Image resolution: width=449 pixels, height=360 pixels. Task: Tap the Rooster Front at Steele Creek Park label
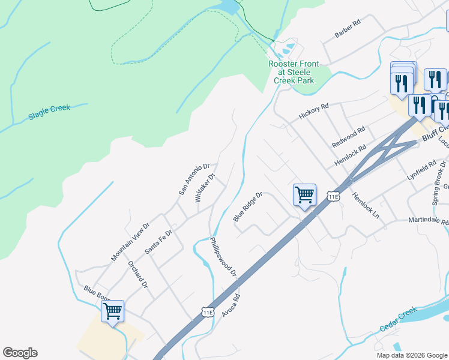click(294, 72)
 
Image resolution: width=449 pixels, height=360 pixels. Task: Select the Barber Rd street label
click(348, 30)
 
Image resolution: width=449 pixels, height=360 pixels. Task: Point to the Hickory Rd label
click(315, 112)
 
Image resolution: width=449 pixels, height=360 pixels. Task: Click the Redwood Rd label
click(348, 138)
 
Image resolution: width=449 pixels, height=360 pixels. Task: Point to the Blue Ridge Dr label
click(248, 206)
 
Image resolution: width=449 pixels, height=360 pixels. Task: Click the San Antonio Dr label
click(193, 179)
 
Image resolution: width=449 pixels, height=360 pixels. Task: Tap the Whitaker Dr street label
click(205, 188)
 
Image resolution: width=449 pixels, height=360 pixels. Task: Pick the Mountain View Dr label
click(130, 242)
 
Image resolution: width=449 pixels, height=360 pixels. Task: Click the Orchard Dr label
click(137, 274)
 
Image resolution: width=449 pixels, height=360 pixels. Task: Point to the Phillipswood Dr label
click(223, 256)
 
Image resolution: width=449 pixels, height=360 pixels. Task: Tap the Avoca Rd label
click(231, 305)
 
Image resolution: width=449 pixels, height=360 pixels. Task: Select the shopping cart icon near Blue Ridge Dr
click(304, 194)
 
